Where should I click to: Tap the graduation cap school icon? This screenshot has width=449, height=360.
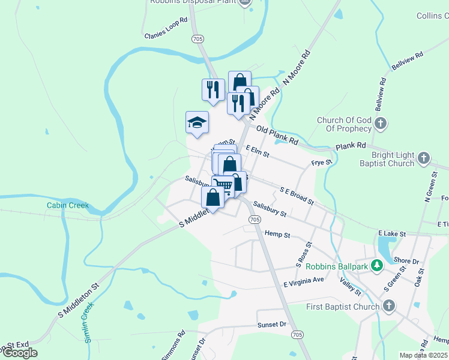point(197,123)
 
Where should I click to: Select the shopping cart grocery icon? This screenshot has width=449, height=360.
point(222,185)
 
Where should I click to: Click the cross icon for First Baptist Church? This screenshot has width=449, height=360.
point(388,307)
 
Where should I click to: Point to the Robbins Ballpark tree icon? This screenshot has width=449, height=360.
point(377,265)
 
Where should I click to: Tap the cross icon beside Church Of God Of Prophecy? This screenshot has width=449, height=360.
point(381,124)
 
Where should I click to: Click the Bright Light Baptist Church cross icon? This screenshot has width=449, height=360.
point(423,158)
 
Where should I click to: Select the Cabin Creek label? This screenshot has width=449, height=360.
point(68,206)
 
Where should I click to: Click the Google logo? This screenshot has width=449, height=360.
point(20,353)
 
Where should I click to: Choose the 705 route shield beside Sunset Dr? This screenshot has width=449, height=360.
point(298,333)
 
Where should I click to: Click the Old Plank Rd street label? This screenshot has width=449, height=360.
point(277,135)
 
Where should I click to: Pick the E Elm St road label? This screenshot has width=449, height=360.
point(257,151)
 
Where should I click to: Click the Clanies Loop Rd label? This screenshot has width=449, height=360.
point(166,36)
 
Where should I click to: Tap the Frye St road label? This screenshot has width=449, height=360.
point(321,163)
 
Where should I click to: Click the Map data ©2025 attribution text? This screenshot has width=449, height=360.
point(424,355)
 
